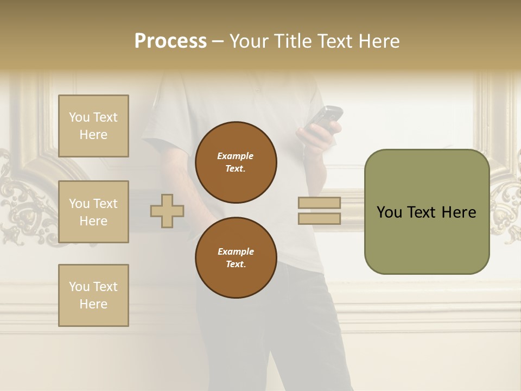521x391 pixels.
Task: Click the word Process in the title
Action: click(x=170, y=41)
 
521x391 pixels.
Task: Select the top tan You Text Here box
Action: click(x=93, y=126)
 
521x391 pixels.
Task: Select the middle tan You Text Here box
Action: click(x=93, y=212)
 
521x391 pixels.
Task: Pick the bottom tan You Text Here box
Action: click(x=93, y=295)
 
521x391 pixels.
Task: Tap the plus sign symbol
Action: click(x=167, y=211)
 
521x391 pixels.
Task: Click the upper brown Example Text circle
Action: click(x=236, y=162)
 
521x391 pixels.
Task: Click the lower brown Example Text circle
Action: click(x=236, y=258)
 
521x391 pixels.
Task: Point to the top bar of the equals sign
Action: click(x=319, y=203)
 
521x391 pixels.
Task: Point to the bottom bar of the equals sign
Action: click(x=319, y=219)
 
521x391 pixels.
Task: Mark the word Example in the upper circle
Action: click(x=236, y=156)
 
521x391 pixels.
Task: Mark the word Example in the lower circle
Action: click(x=236, y=251)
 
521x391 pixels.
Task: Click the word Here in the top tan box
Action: click(x=93, y=135)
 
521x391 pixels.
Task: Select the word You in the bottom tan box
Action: click(x=79, y=287)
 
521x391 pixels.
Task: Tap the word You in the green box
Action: click(x=389, y=212)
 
